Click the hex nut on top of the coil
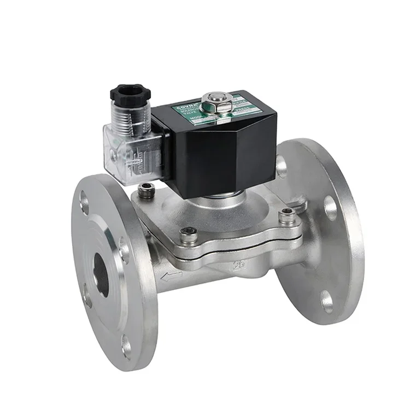(x=211, y=101)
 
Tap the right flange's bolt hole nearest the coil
(x=282, y=164)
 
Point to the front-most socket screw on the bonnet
(x=187, y=233)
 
